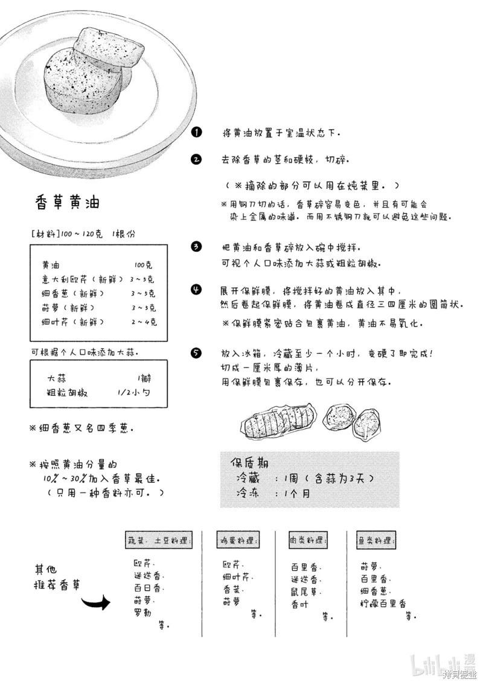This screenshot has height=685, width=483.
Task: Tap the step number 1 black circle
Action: pyautogui.click(x=196, y=132)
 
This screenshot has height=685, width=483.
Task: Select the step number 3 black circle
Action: pyautogui.click(x=196, y=247)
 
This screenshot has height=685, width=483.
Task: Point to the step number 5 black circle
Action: pyautogui.click(x=196, y=353)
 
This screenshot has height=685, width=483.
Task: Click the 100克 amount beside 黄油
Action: pyautogui.click(x=144, y=265)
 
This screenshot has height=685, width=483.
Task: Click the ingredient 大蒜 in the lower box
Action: pyautogui.click(x=57, y=378)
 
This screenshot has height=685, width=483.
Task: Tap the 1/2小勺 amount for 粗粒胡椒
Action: pyautogui.click(x=134, y=393)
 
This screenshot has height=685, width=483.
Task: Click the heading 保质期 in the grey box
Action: pyautogui.click(x=250, y=463)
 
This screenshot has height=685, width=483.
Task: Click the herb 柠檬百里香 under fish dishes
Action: pyautogui.click(x=383, y=604)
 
